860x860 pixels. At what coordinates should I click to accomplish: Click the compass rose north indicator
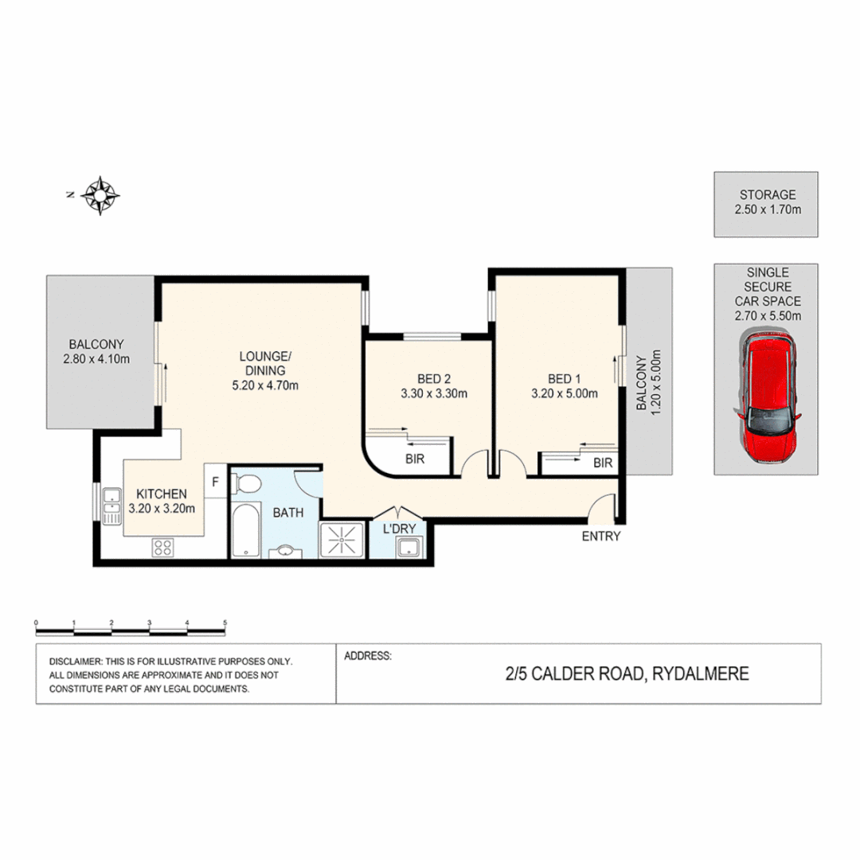point(100,194)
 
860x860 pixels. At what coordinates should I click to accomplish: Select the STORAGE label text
point(767,194)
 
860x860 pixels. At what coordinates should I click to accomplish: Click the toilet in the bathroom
point(249,485)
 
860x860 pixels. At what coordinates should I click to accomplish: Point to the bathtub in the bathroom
point(245,530)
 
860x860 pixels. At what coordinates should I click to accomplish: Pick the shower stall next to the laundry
point(342,540)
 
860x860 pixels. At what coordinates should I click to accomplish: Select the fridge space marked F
point(215,482)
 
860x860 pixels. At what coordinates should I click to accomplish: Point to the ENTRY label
point(600,536)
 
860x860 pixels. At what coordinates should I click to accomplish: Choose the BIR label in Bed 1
point(603,462)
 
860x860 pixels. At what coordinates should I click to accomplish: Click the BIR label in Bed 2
point(414,459)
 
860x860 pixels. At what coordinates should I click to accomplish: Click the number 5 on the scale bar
point(225,623)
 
